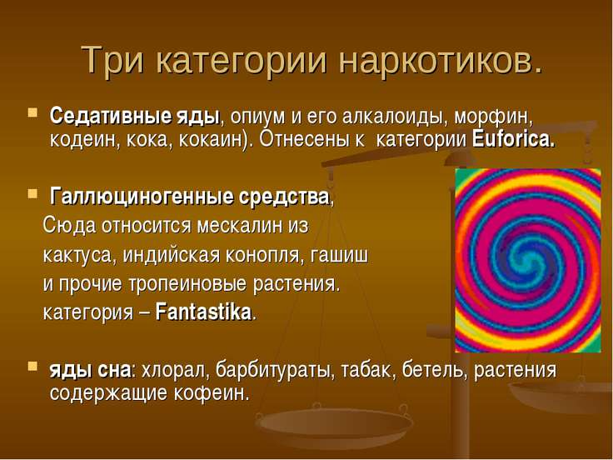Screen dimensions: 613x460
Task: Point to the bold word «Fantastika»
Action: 203,312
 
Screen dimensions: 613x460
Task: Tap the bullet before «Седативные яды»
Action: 32,113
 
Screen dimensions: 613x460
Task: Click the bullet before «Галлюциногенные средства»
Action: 32,193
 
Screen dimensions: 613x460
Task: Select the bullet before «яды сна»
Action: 32,367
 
